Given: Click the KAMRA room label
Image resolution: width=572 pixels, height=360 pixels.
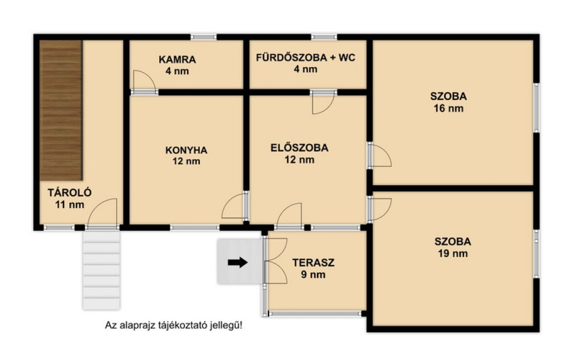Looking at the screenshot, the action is point(177,59).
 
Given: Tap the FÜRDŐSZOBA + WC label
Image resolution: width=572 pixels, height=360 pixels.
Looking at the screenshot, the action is point(306,58).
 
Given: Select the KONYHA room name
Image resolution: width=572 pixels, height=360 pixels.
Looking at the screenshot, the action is point(187,150).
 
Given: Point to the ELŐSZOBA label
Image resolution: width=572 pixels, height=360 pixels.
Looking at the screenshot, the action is point(299,148).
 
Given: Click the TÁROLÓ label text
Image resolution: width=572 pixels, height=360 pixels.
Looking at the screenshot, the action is point(70,192).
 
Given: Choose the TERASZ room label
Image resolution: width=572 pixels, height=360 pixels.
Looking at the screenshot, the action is point(313,263).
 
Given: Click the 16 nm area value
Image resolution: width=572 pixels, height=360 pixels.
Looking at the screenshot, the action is point(449,108).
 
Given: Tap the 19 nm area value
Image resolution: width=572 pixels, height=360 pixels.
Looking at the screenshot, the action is point(452,253).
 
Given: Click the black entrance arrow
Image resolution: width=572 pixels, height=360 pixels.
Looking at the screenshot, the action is point(238,262).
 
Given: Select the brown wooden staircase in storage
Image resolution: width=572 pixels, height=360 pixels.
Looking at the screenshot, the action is point(60,110).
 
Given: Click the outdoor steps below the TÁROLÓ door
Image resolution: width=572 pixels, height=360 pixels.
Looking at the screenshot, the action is point(102,270).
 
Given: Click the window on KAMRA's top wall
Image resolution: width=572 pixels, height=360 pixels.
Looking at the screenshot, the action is point(203,37).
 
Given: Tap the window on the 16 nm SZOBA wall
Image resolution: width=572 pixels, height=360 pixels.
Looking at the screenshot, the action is point(536,108).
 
